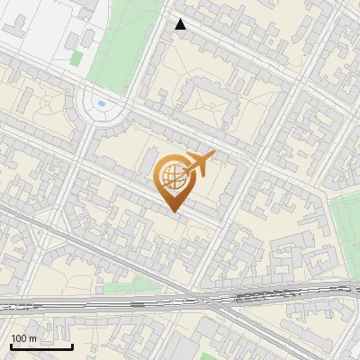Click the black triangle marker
(181, 25)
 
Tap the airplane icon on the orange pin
(198, 164)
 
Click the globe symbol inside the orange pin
(173, 177)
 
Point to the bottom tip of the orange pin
(174, 212)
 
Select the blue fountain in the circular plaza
(102, 104)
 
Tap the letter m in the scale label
(33, 338)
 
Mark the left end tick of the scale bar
(11, 346)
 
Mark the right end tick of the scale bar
(73, 346)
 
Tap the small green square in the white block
(76, 58)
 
